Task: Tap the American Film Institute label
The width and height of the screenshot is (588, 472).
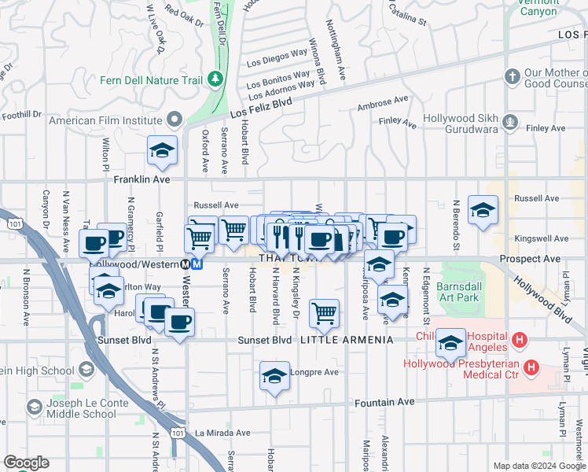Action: [105, 121]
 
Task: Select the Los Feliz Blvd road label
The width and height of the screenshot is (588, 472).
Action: [266, 103]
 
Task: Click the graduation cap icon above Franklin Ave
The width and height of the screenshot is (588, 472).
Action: [162, 151]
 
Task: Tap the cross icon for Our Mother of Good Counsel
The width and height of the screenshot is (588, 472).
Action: [512, 77]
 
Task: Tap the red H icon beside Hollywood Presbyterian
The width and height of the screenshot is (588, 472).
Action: [532, 367]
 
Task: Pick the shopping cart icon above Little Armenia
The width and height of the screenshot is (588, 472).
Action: [324, 313]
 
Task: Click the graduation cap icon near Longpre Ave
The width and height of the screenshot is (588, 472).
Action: [275, 377]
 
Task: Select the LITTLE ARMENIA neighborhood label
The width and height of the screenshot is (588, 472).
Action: [347, 340]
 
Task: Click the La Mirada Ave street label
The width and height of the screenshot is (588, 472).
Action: [222, 433]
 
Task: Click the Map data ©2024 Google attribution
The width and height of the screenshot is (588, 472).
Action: [538, 466]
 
